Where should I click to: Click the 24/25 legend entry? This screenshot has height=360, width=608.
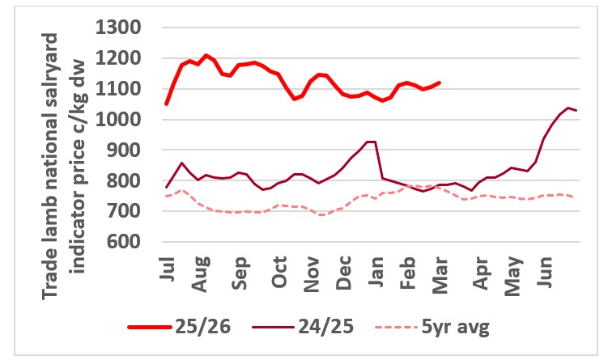click(311, 327)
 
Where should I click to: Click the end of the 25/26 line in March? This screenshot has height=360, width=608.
click(440, 83)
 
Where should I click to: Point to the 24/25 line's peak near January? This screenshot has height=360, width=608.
click(370, 142)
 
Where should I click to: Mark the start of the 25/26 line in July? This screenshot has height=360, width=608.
click(166, 104)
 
